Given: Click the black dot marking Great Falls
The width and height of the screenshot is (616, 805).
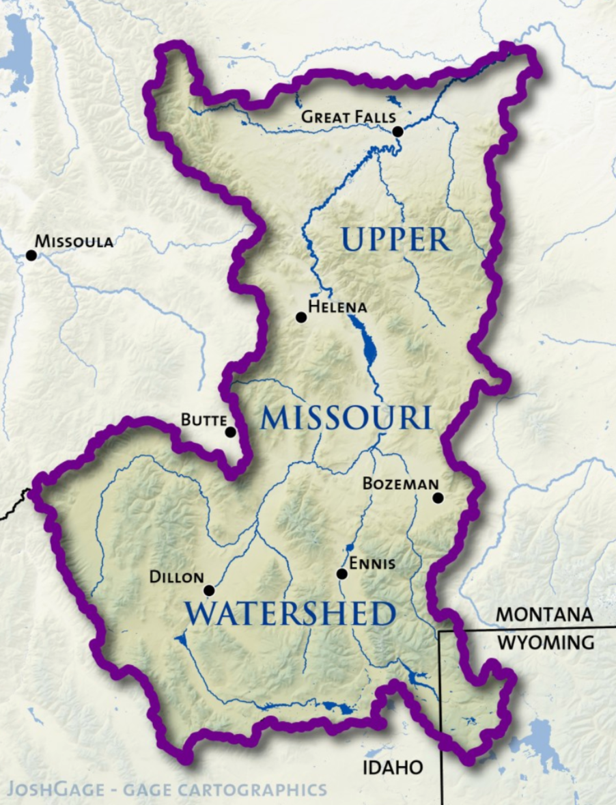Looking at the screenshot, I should (397, 131).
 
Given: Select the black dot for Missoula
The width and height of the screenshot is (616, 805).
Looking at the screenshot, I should (31, 255).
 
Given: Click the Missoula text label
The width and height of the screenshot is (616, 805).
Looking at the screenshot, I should (74, 241).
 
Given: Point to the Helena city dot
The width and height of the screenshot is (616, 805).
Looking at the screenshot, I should (300, 317).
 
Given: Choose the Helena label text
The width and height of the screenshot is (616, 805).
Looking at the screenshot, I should (337, 307).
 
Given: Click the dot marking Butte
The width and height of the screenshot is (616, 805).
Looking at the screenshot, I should (231, 432).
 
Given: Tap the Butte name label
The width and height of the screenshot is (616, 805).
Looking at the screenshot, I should (204, 420).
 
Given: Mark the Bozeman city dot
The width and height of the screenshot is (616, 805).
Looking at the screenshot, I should (438, 498).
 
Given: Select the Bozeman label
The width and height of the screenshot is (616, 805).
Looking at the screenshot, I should (400, 484).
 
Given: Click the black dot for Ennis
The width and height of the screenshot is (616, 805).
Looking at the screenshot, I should (342, 574).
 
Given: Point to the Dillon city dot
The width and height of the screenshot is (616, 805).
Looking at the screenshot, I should (209, 590).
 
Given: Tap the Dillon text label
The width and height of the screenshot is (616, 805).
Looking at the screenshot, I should (176, 577).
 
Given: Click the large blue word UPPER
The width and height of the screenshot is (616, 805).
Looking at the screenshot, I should (395, 241).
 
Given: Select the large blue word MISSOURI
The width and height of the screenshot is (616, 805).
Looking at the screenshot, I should (346, 418).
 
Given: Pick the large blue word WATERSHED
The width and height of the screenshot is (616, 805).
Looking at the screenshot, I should (290, 614).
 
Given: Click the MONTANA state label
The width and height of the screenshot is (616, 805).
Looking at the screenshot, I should (544, 614).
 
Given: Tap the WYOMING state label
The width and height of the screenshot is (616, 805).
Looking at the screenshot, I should (545, 643).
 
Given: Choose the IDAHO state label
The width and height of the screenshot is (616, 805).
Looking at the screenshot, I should (392, 767).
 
